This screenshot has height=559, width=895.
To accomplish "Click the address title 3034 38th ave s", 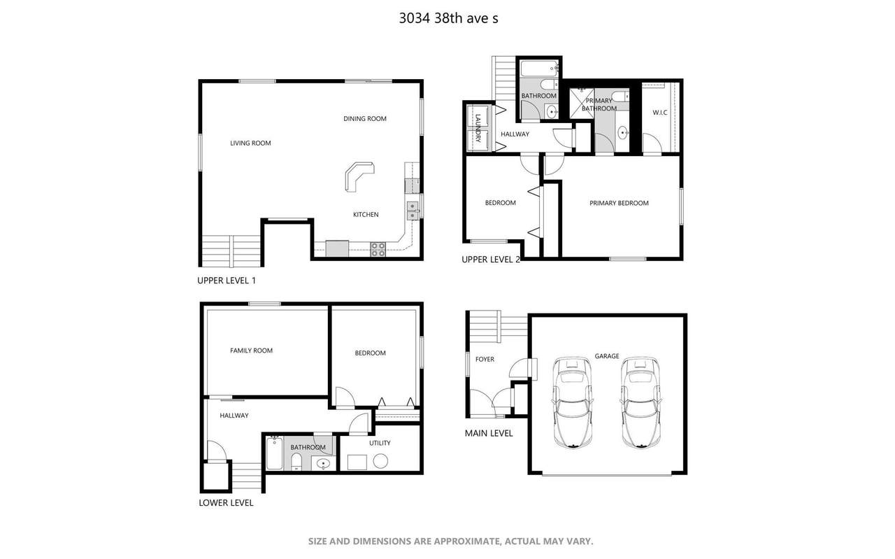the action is tap(448, 18).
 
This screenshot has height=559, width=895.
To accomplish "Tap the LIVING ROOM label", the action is tap(250, 143).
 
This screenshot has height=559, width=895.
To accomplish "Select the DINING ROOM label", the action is tap(365, 119).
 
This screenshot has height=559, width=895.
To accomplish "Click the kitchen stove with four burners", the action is tap(378, 249).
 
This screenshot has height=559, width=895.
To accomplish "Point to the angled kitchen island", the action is tap(359, 175).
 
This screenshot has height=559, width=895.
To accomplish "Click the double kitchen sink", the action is tap(413, 211).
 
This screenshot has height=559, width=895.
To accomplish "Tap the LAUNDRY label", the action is tap(478, 128).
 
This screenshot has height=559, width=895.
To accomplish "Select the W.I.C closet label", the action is tap(659, 113).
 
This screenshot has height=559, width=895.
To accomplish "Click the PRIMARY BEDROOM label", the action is tap(619, 203).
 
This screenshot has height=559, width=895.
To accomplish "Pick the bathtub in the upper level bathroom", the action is tap(539, 69).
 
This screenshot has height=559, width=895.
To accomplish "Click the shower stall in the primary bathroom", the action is tap(581, 104).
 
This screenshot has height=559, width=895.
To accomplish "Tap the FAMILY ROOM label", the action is tap(251, 351).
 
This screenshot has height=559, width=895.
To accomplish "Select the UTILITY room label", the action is tap(380, 443).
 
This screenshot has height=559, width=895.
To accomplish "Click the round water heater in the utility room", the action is tap(380, 461).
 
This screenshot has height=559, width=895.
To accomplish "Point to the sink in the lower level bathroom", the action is tap(323, 464).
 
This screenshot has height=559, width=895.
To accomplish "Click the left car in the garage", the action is tap(572, 402).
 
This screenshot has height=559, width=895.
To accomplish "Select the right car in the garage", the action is tap(640, 402).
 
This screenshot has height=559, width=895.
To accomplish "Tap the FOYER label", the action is tap(485, 360).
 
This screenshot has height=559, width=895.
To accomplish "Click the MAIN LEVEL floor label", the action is tap(489, 434).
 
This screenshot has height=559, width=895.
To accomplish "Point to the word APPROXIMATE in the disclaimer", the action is tap(466, 542).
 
